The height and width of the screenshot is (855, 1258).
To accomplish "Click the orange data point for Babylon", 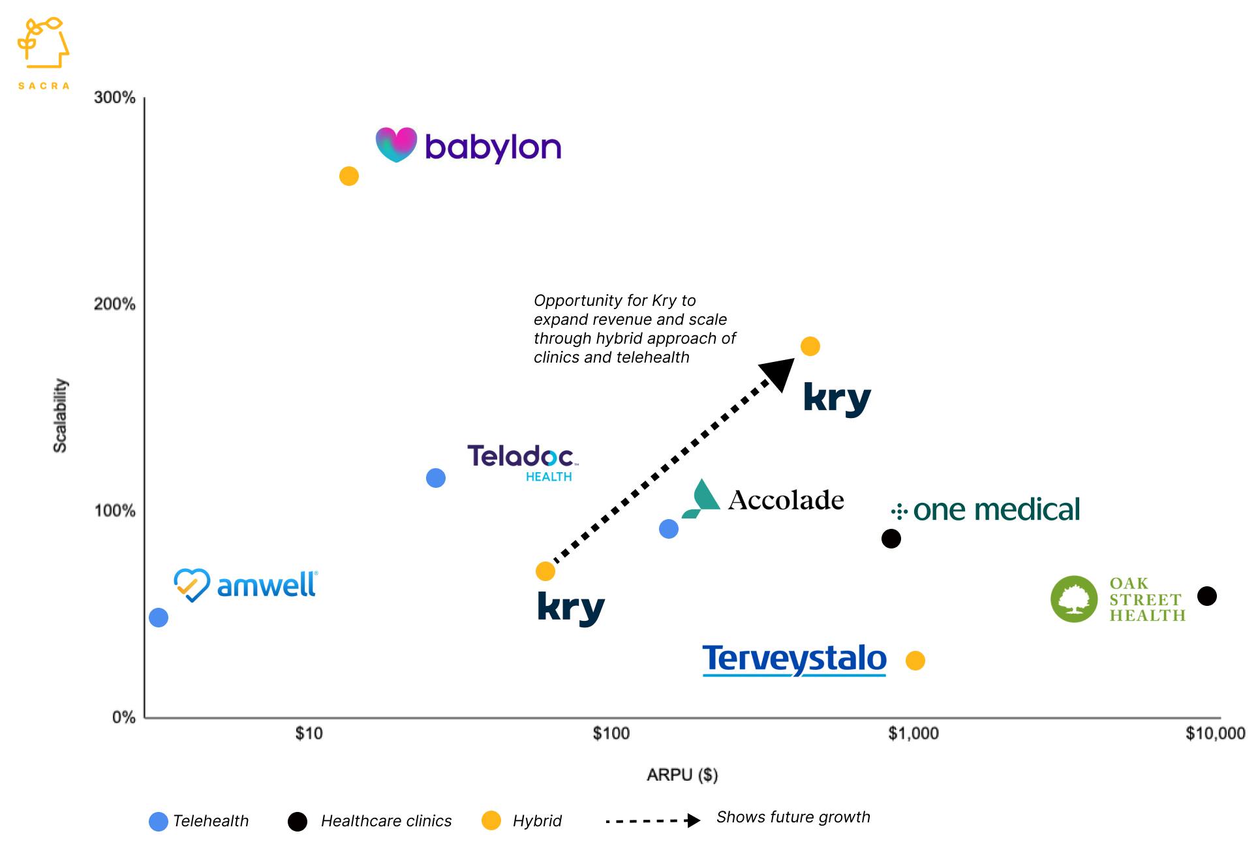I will (x=349, y=176).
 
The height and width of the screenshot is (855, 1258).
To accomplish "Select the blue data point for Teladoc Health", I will (x=436, y=478).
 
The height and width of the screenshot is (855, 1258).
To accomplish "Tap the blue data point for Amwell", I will (x=159, y=618).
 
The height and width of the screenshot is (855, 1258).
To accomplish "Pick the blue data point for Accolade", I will (x=669, y=529).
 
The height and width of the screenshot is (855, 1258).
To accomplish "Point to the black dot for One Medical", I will (x=891, y=539).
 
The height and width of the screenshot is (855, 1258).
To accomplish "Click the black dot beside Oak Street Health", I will (x=1207, y=596).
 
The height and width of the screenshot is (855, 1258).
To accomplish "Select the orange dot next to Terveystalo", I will (x=915, y=661).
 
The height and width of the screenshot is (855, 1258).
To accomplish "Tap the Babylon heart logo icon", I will (x=396, y=144).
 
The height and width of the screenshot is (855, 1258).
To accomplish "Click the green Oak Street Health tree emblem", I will (x=1074, y=599).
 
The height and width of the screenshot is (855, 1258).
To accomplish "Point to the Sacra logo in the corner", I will (x=44, y=52).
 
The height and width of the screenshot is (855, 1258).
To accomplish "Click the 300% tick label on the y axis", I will (x=115, y=98).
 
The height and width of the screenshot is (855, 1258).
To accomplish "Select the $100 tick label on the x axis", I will (x=611, y=734).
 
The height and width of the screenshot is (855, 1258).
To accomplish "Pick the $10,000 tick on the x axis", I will (x=1215, y=734).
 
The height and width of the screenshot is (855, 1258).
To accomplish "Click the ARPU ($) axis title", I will (x=682, y=775).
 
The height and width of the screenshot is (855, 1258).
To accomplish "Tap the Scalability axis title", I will (x=60, y=415).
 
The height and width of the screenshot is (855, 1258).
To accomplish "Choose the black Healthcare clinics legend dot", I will (x=298, y=821).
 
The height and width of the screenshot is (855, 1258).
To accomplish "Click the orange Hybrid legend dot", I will (x=491, y=821).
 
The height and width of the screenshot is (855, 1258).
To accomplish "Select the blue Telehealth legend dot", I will (x=159, y=821).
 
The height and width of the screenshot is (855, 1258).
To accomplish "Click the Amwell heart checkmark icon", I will (x=192, y=585).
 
